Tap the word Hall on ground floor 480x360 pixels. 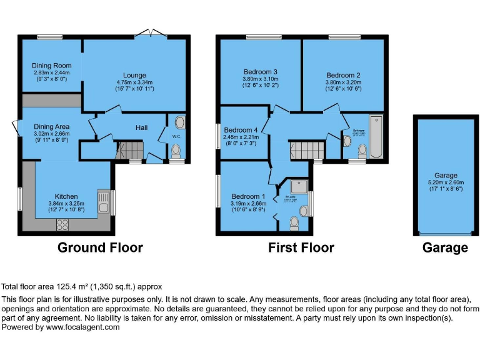tap(142, 128)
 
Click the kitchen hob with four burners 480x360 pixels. tap(63, 224)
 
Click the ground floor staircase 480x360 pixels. tap(130, 151)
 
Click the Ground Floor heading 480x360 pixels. tap(100, 248)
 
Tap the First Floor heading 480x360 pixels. tap(301, 248)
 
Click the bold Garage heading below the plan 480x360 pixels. tap(445, 248)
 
